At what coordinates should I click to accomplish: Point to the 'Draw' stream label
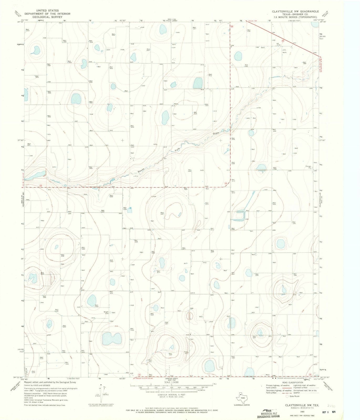tap(216, 133)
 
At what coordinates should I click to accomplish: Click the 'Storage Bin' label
tap(308, 167)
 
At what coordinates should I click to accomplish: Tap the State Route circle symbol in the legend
tap(288, 396)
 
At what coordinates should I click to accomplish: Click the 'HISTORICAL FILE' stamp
tap(269, 413)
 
